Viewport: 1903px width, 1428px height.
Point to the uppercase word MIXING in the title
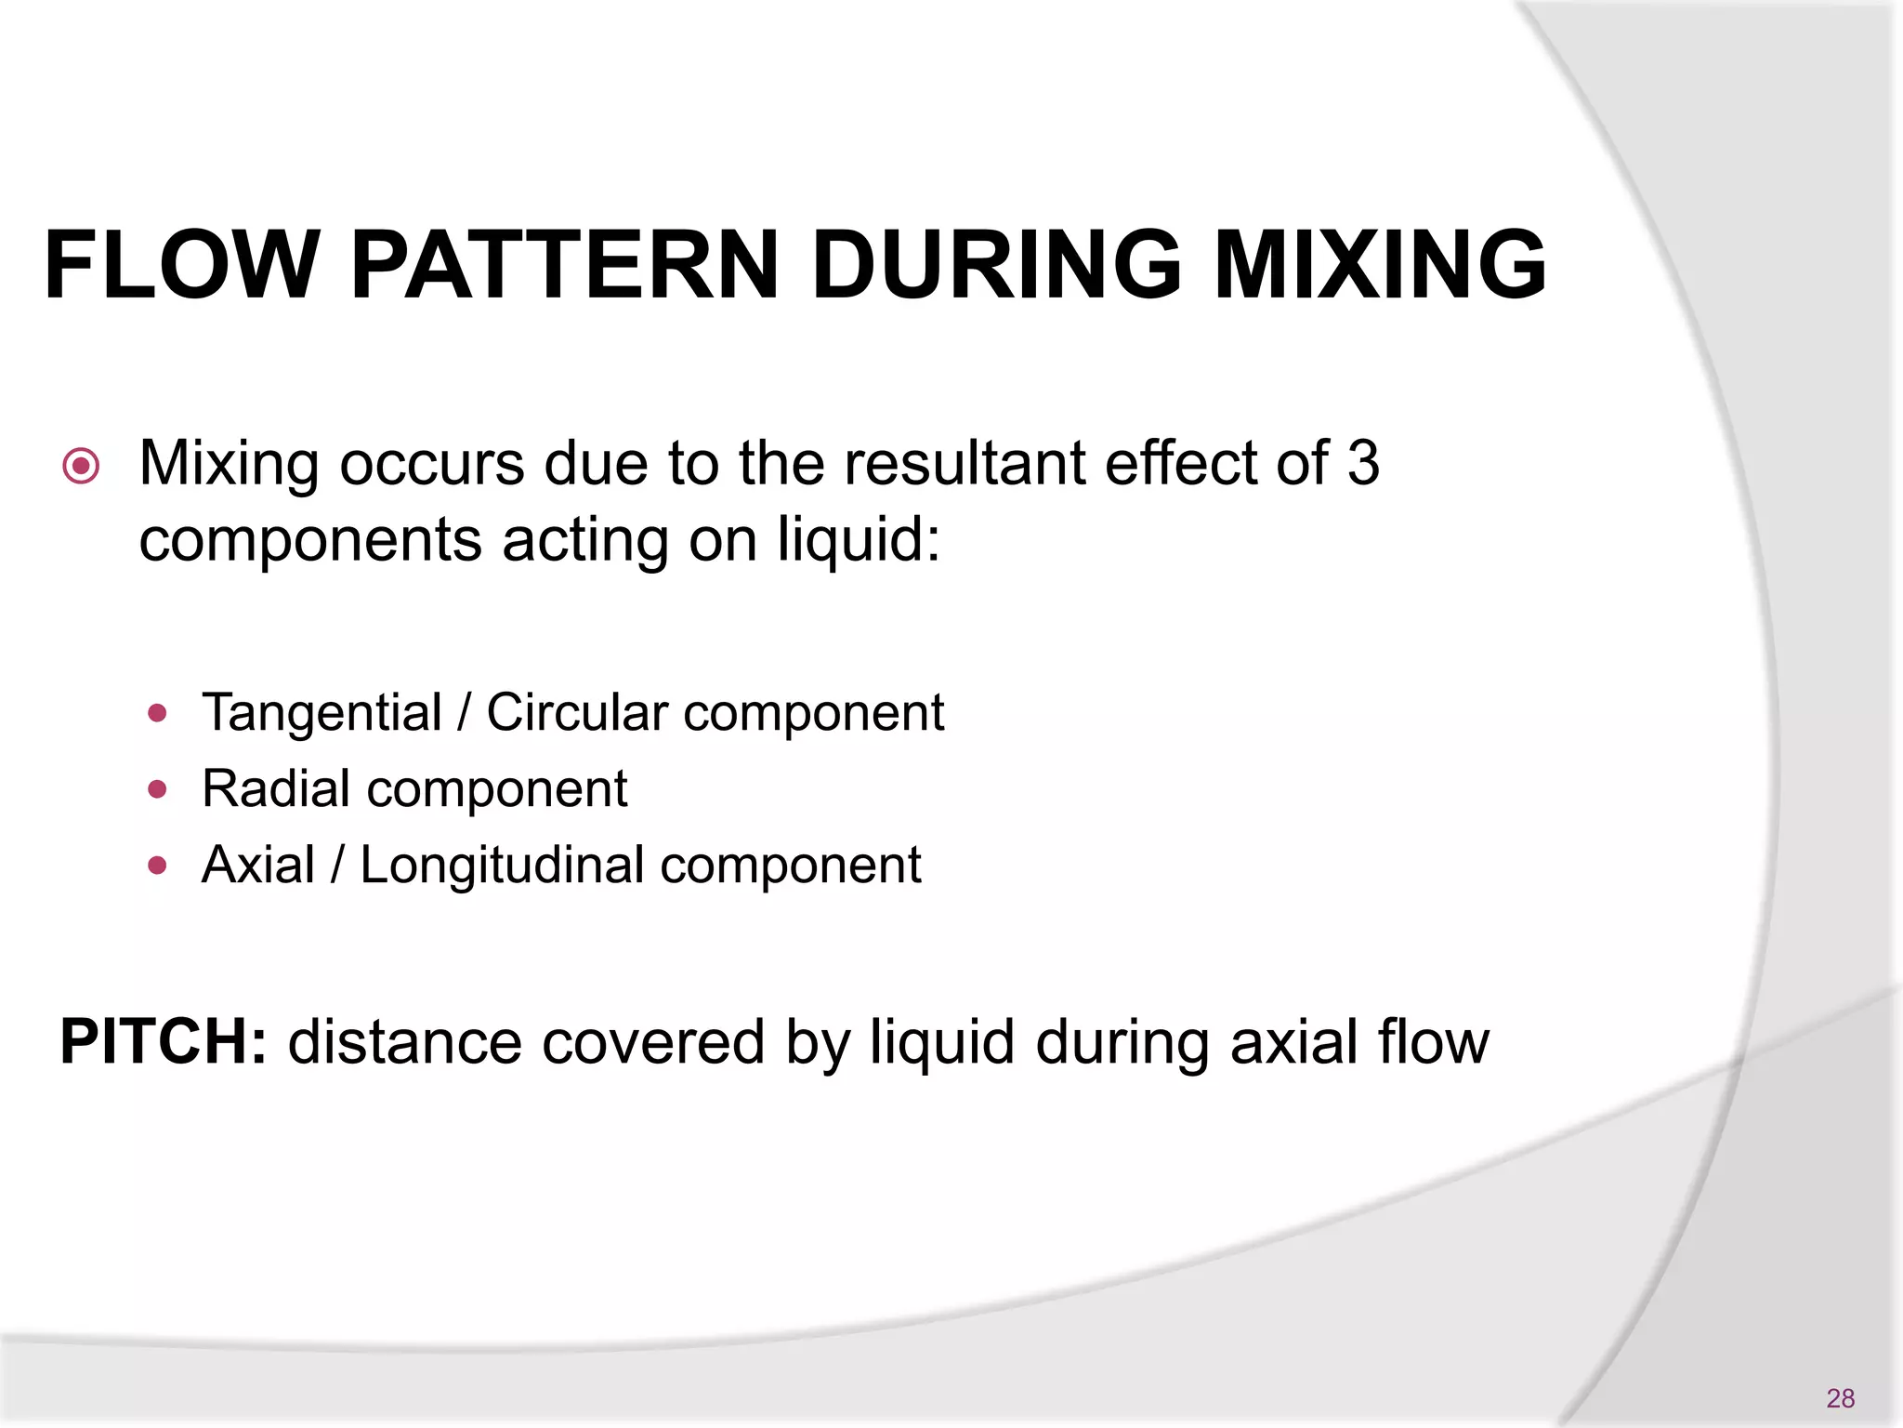1380,266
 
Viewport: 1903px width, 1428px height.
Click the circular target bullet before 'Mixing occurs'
81,466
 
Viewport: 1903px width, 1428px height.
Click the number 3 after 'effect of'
1362,463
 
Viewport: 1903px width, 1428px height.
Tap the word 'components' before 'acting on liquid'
310,542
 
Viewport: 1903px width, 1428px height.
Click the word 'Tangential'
322,713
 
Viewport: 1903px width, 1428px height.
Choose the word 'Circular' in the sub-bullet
577,713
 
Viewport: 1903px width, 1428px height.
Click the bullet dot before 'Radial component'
157,790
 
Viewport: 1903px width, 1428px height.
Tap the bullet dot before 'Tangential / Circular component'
157,714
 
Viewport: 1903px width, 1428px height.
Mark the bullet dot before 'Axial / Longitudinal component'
157,866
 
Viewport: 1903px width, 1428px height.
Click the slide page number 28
1840,1397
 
